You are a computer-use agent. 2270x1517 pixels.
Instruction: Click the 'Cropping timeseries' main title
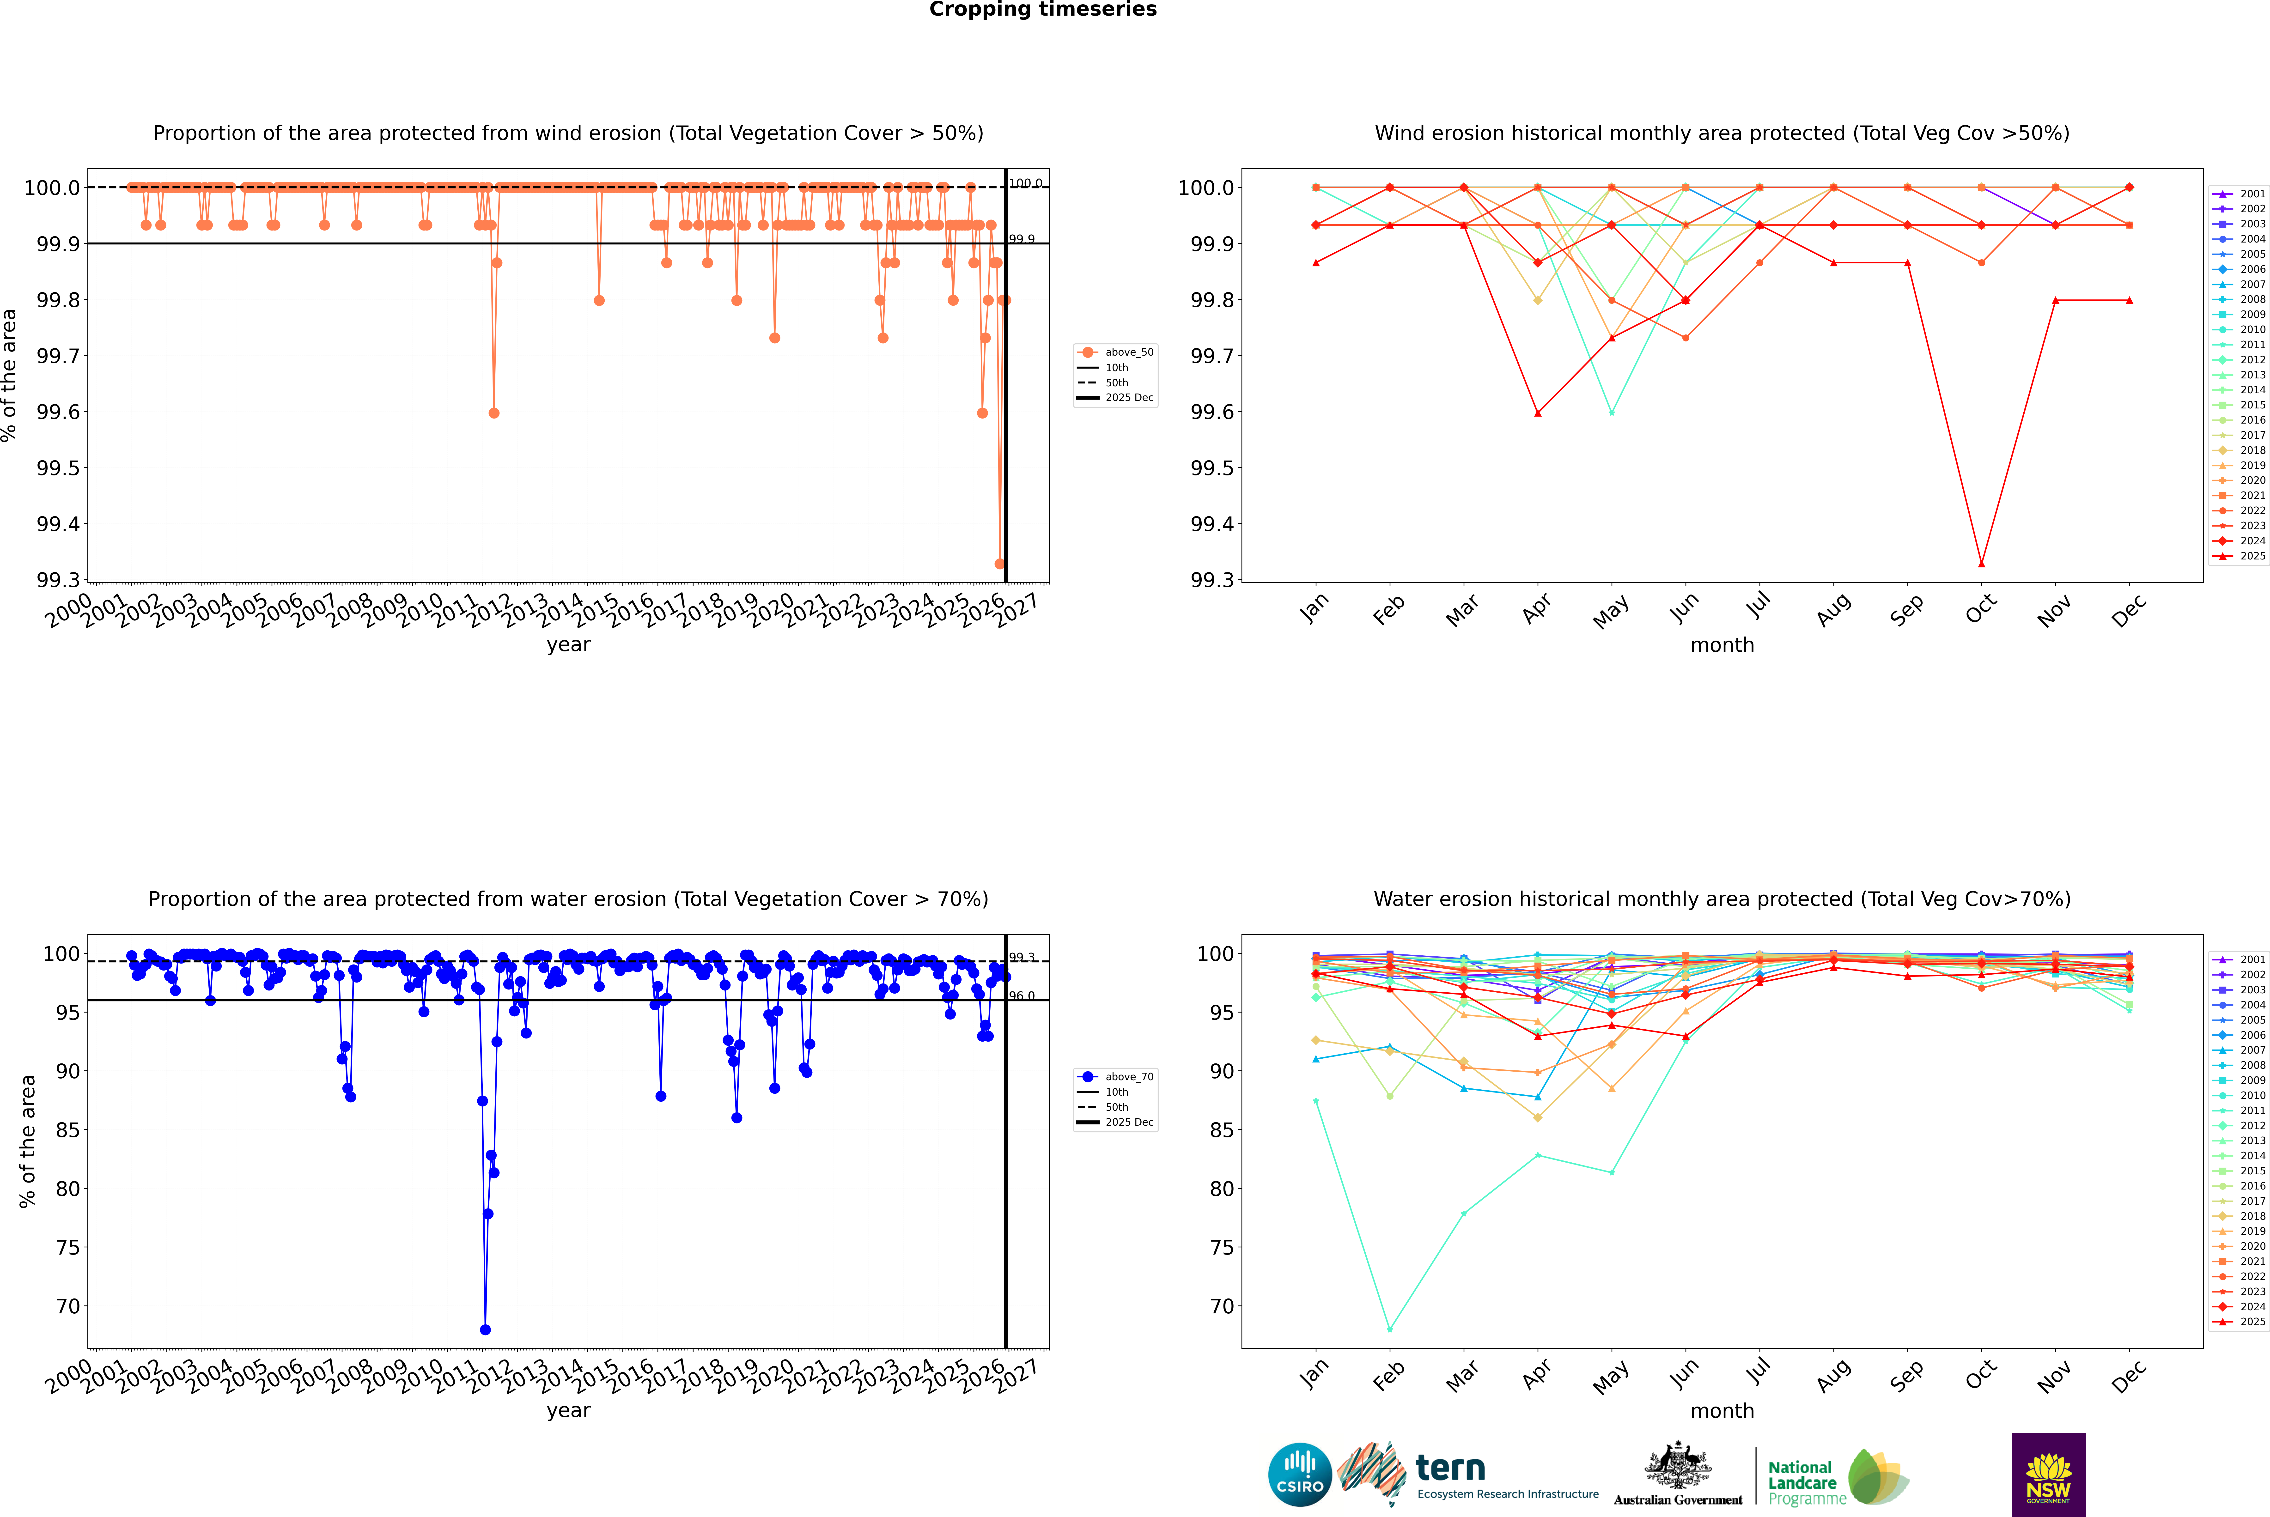pos(1042,10)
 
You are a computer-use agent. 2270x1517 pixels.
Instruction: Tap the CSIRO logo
pos(1300,1475)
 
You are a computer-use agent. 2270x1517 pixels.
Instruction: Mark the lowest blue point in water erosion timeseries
pos(485,1329)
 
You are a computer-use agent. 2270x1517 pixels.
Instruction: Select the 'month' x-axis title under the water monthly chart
pos(1721,1411)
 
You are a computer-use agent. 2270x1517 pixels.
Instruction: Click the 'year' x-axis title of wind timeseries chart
pos(568,644)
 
